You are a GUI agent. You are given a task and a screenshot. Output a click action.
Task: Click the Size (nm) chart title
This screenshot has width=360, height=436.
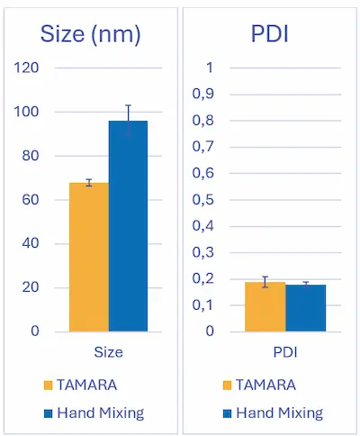[x=90, y=34]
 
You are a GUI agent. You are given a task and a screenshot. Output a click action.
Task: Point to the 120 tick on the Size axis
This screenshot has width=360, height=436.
[x=51, y=68]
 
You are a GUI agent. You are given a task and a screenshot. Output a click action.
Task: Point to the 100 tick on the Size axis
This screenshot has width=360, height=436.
[x=51, y=112]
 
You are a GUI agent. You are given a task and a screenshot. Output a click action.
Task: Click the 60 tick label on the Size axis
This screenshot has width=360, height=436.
[x=55, y=199]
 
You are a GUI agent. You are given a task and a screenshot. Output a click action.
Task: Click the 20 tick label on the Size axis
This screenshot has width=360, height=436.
[x=55, y=287]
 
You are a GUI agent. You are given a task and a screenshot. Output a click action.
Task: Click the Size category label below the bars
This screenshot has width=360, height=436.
[x=108, y=351]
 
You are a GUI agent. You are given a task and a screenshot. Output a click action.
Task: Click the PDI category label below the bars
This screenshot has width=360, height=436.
[x=284, y=351]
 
